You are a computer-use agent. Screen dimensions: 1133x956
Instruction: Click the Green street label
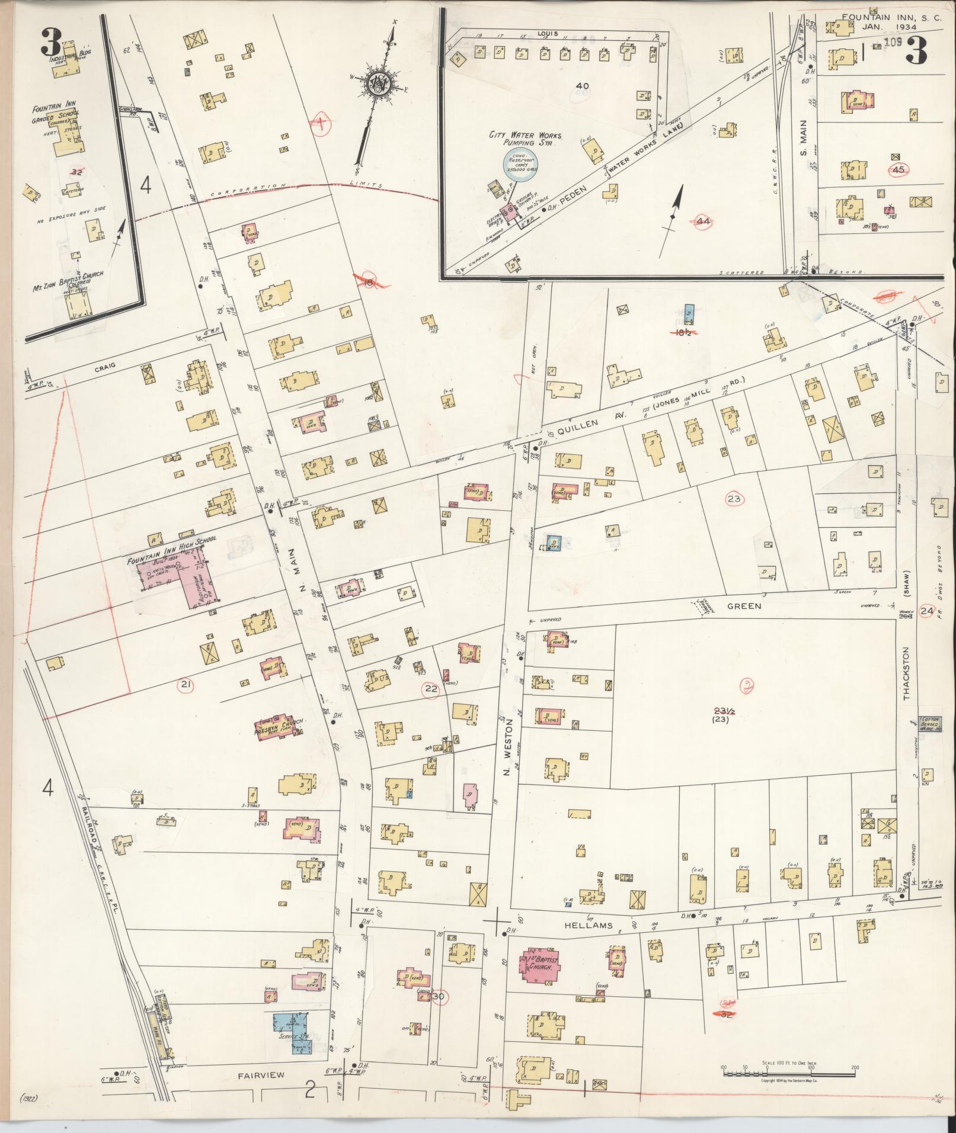coord(745,606)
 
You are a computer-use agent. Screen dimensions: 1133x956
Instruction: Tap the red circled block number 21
coord(186,685)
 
